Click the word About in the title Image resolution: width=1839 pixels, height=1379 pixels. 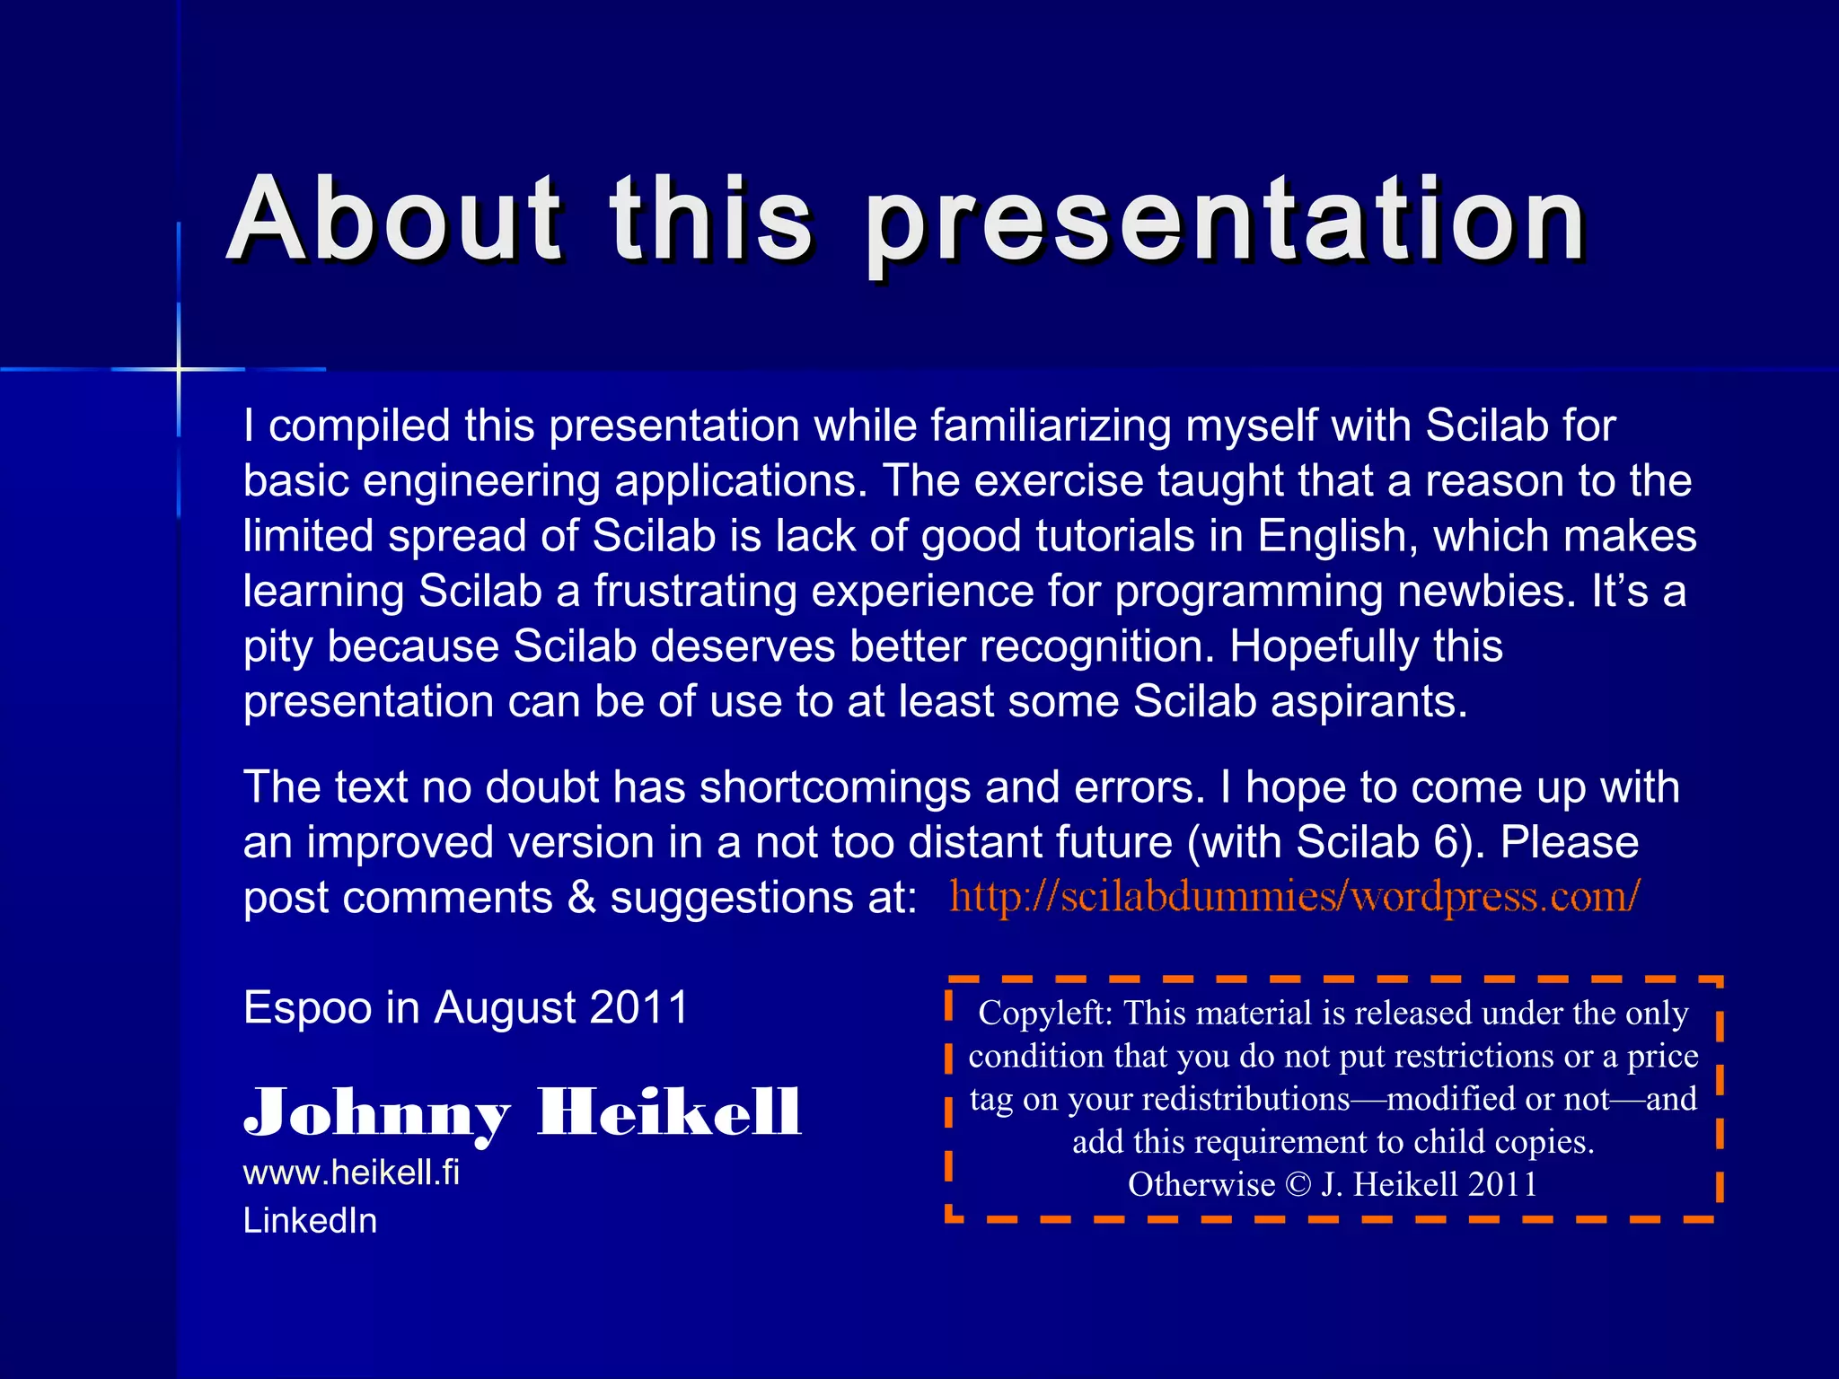tap(395, 220)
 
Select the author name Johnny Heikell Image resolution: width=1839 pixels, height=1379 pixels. tap(522, 1112)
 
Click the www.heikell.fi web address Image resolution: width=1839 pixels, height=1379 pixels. tap(351, 1173)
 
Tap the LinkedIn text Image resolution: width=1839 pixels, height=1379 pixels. tap(310, 1221)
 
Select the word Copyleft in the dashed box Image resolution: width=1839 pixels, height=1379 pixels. tap(1044, 1013)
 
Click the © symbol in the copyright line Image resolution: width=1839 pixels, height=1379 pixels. tap(1298, 1185)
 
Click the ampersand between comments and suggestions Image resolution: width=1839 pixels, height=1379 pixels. tap(582, 898)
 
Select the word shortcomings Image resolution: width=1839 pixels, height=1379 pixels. tap(835, 787)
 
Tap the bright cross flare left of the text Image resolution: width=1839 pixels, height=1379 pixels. tap(179, 369)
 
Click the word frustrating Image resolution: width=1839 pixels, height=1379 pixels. tap(695, 592)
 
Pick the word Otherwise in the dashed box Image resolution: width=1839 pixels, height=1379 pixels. tap(1201, 1185)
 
